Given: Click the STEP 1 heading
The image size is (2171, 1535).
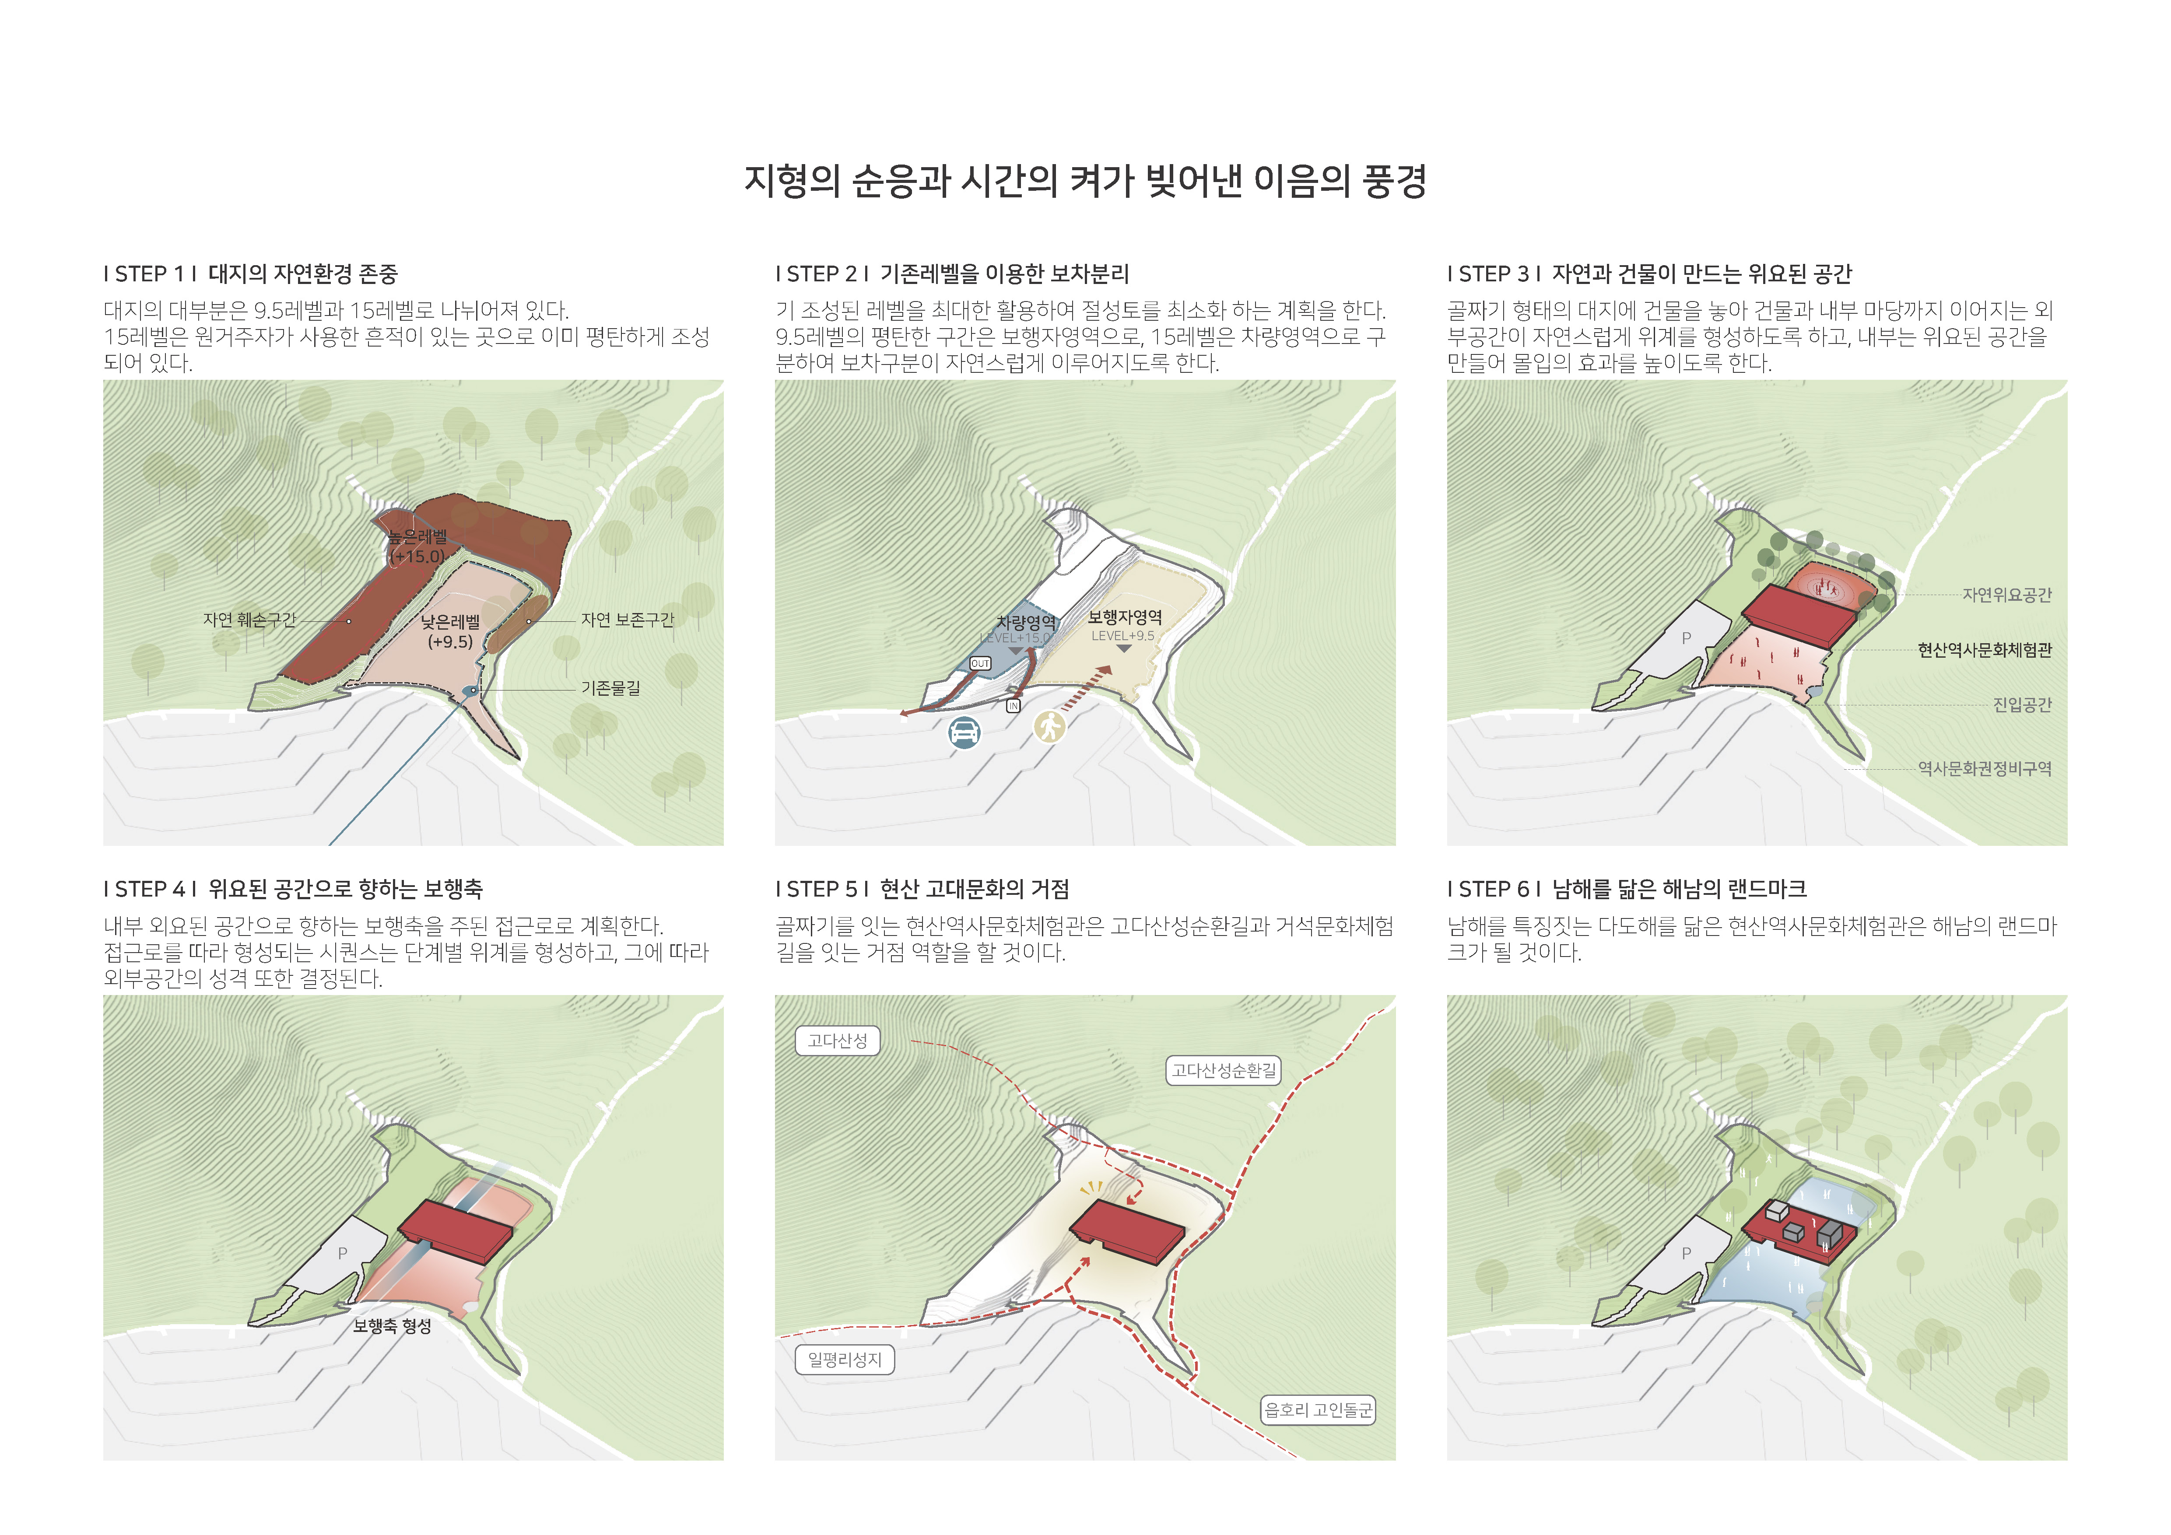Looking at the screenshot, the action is [251, 274].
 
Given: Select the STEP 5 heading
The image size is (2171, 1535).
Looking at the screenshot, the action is [922, 890].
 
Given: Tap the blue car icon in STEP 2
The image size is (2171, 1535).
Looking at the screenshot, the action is [964, 732].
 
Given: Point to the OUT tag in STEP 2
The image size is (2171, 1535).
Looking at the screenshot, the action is [981, 663].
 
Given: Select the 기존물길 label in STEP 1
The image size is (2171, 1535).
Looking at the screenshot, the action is [611, 688].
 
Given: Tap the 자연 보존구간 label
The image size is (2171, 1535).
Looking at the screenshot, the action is [628, 620].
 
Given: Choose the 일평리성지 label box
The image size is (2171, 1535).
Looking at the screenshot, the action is [845, 1360].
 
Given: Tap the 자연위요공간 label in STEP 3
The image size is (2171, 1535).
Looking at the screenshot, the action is [2006, 595].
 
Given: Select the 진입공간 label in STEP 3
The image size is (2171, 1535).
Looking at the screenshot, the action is [2023, 705].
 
